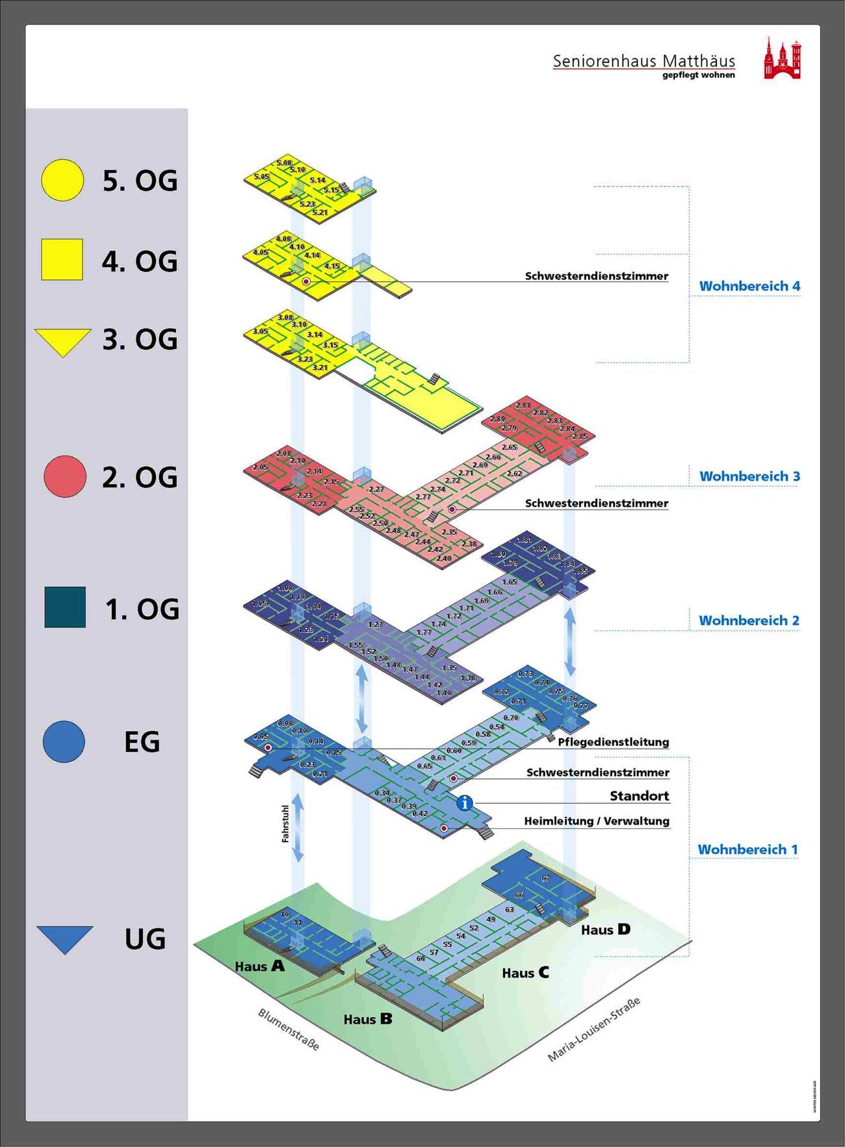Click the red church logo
pos(782,59)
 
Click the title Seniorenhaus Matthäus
pos(643,61)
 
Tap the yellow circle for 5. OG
pos(62,179)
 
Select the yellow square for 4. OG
pos(62,260)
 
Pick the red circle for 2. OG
pos(65,476)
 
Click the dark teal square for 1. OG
pos(65,608)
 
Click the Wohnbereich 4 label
pos(749,286)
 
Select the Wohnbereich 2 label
pos(749,621)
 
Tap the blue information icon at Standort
pos(464,803)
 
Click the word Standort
pos(639,796)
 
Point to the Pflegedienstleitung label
pos(613,742)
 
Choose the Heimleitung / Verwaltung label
pos(596,821)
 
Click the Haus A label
pos(259,966)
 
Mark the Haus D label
pos(605,930)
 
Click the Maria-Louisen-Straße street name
pos(593,1029)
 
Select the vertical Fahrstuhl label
pos(285,824)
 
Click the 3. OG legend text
pos(140,340)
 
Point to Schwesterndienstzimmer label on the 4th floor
pos(596,276)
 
